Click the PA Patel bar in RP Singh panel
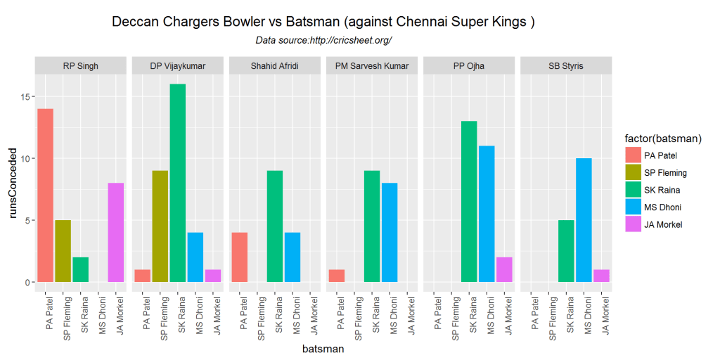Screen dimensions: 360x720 (x=45, y=195)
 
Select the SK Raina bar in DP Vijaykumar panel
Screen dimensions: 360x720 (x=178, y=183)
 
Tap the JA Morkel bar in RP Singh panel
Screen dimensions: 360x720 (x=115, y=233)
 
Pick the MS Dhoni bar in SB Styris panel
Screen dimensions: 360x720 (x=584, y=220)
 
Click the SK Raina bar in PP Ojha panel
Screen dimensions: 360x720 (x=469, y=202)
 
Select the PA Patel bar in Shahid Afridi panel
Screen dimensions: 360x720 (x=239, y=257)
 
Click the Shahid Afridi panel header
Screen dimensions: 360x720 (x=275, y=66)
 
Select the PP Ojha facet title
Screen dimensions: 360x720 (x=469, y=66)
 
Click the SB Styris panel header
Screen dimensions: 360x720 (x=566, y=66)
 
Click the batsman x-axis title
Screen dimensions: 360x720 (x=323, y=348)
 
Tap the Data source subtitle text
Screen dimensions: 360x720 (x=323, y=41)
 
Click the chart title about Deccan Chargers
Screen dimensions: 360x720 (x=323, y=22)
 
